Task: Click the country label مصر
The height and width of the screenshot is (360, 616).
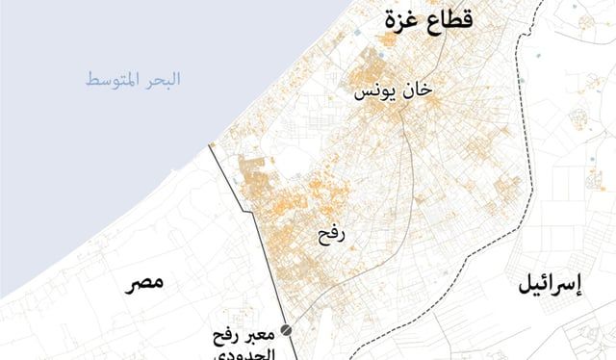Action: tap(143, 282)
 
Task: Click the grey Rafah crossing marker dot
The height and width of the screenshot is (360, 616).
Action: tap(285, 330)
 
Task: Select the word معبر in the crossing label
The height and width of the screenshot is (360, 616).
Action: tap(258, 337)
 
